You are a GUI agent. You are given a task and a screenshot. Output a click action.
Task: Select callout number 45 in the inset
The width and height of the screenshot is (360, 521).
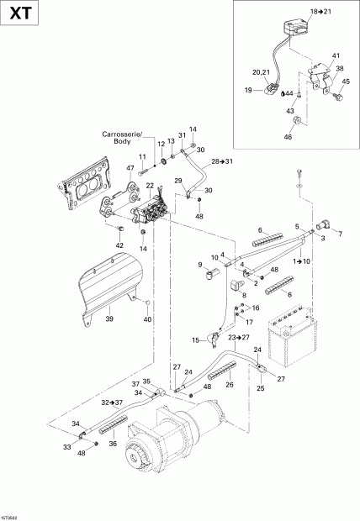pos(345,82)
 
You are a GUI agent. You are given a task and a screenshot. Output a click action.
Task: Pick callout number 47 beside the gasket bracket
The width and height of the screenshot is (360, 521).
pos(130,169)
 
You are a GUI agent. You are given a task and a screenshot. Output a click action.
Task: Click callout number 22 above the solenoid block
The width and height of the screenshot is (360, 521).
pos(150,186)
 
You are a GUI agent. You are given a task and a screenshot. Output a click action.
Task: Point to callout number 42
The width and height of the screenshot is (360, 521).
pos(120,245)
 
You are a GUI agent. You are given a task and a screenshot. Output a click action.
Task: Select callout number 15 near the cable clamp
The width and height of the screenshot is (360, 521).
pos(195,339)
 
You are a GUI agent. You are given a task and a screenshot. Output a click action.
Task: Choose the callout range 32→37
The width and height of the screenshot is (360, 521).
pos(113,403)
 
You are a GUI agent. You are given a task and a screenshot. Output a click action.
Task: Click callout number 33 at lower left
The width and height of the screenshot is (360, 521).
pos(67,447)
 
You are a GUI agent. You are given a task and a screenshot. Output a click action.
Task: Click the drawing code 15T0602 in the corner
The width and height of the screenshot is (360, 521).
pos(12,517)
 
